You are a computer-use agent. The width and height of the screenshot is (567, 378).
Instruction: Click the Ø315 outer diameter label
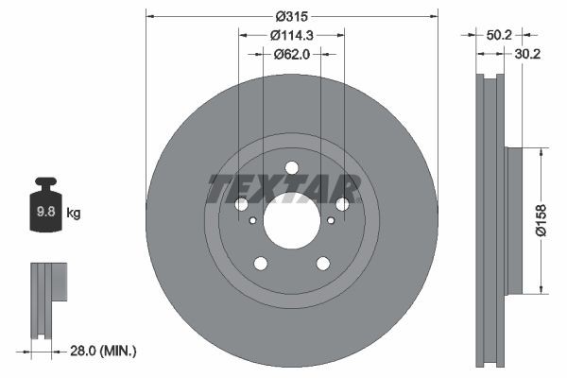[291, 16]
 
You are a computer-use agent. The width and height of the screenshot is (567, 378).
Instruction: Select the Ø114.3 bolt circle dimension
[291, 35]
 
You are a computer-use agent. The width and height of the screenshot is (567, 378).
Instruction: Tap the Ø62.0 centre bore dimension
[291, 54]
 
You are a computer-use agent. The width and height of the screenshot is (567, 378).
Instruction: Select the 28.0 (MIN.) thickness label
[103, 351]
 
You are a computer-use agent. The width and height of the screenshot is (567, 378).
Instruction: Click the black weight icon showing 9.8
[45, 209]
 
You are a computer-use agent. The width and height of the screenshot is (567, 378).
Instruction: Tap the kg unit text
[74, 214]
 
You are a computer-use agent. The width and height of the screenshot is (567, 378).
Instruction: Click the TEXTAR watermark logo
[283, 189]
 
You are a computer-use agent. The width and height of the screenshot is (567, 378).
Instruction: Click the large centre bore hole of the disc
[291, 222]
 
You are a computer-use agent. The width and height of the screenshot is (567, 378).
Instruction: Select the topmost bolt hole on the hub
[291, 168]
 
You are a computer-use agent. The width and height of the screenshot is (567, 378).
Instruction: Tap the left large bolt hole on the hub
[241, 204]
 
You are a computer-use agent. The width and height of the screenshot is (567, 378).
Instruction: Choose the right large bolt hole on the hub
[342, 204]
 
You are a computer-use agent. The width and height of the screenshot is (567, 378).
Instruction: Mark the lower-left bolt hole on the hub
[260, 264]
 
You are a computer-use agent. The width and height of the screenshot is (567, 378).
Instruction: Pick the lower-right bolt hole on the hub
[322, 264]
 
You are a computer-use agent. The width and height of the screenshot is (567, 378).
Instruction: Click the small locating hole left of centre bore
[252, 222]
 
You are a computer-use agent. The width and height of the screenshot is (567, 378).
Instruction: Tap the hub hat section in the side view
[515, 219]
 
